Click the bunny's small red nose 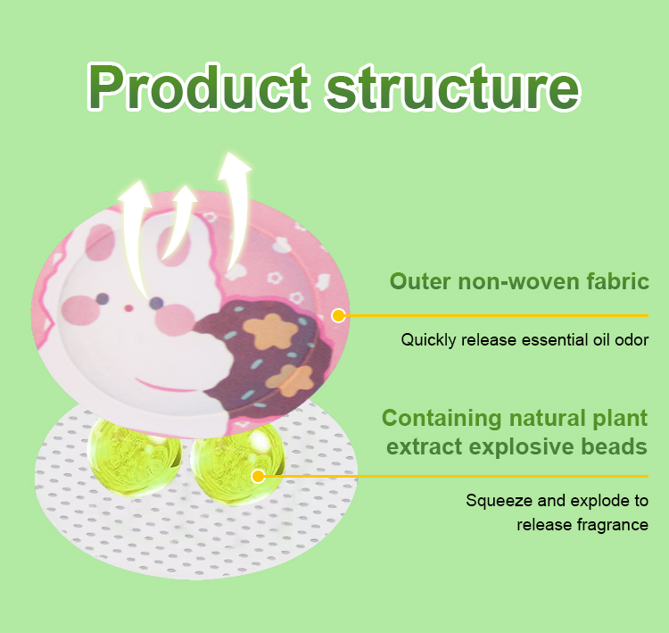(128, 307)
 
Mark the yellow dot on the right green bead (258, 476)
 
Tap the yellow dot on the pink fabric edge (338, 315)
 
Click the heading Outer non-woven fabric (518, 282)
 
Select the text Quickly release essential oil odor (524, 339)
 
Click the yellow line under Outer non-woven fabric (500, 315)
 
